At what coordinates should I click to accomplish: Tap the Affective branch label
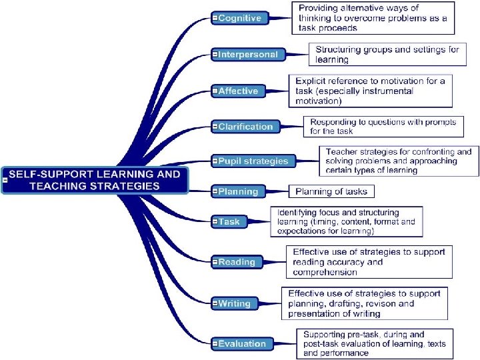[238, 91]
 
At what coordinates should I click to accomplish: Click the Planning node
[238, 191]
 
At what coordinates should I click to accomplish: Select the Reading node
[237, 262]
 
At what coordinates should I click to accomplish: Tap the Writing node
[235, 303]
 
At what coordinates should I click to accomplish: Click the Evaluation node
[242, 344]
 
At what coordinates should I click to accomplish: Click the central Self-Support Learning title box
[95, 180]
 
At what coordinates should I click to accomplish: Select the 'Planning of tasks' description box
[331, 191]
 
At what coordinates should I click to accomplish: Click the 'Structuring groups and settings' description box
[387, 55]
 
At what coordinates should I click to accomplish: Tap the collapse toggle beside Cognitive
[215, 18]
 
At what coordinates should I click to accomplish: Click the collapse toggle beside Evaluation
[215, 344]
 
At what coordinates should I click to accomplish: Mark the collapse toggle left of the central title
[5, 180]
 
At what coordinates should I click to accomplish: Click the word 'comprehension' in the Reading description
[325, 272]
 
